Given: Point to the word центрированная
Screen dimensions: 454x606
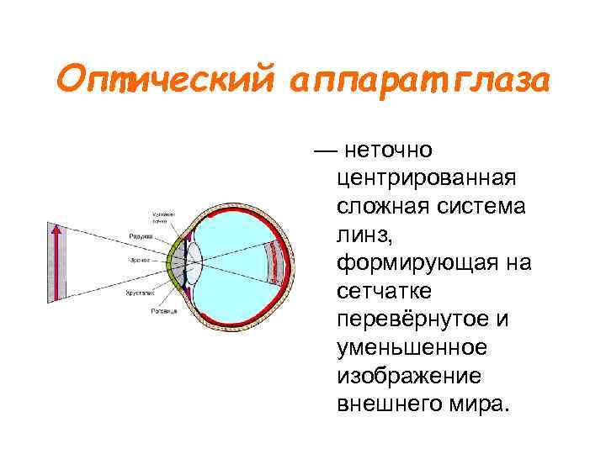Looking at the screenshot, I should click(x=424, y=178).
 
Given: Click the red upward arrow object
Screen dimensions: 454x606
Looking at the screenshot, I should click(x=56, y=261).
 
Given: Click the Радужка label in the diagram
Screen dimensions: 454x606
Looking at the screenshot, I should click(x=140, y=236).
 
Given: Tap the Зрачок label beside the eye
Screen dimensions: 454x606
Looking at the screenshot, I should click(x=141, y=260).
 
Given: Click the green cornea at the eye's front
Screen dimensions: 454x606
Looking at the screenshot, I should click(x=174, y=261).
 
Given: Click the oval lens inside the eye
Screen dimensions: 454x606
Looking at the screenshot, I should click(x=194, y=261).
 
